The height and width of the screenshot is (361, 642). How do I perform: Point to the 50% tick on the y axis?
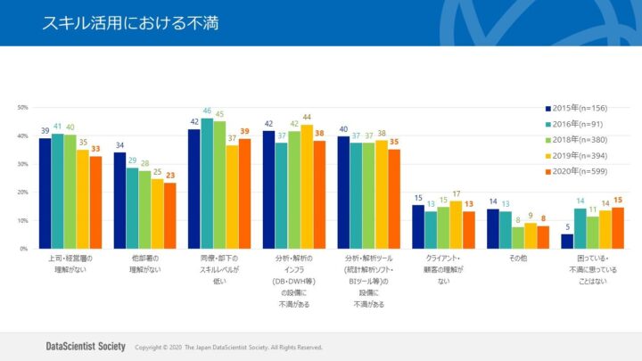(22, 108)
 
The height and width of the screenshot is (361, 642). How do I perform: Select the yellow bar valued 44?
(307, 186)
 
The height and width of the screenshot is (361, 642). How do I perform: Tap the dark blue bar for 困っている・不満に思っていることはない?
(568, 242)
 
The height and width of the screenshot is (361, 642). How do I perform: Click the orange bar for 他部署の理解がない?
(170, 216)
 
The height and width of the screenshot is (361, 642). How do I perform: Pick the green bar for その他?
(518, 238)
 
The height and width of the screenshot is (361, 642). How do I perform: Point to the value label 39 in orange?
(244, 131)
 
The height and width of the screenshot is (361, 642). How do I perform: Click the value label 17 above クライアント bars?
(457, 193)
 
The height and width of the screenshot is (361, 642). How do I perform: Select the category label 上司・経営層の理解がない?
(70, 263)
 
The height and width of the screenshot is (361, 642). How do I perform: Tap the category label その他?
(517, 258)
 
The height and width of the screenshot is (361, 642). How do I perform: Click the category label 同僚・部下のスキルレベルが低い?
(219, 269)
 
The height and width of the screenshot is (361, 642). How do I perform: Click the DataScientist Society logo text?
(84, 347)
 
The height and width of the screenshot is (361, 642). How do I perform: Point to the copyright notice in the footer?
(228, 348)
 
